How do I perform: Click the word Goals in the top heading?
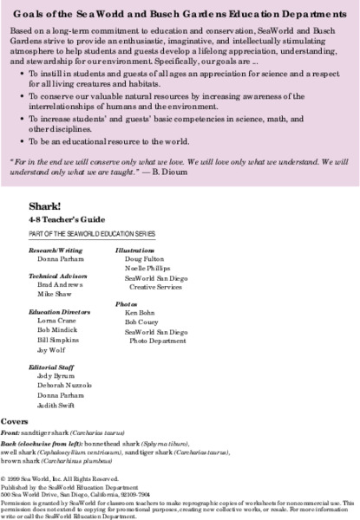pos(28,12)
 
